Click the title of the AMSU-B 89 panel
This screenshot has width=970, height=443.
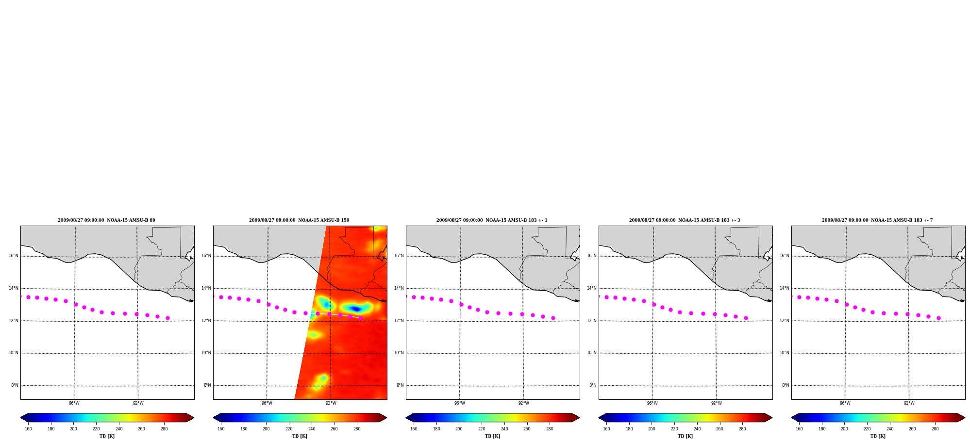pos(106,220)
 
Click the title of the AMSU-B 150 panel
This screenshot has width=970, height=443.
pos(299,220)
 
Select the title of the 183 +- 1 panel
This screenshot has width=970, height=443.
pos(492,220)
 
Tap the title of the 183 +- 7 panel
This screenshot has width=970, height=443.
pos(877,220)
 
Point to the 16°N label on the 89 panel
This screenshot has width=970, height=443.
pos(13,256)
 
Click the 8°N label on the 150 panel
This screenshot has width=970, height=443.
pos(207,385)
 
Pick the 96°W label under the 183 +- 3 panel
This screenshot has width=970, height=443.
pos(652,403)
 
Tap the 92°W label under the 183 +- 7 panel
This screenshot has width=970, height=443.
pos(909,403)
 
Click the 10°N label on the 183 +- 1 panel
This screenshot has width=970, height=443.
pos(399,353)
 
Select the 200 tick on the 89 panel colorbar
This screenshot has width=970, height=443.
pos(73,428)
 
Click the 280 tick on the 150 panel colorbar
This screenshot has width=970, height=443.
pos(357,428)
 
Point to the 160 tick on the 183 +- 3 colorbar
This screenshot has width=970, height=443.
pos(606,428)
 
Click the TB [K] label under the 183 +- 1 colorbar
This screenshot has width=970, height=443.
pos(493,436)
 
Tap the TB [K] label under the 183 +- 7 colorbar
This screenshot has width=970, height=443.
pos(878,436)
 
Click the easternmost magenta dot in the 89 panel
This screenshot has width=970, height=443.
pos(167,318)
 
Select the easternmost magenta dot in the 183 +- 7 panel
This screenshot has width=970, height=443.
pos(938,318)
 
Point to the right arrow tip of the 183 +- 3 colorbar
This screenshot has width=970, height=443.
pos(772,417)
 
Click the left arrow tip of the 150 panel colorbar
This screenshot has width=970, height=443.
pos(213,417)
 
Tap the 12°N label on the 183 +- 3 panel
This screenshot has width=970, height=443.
pos(591,321)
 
